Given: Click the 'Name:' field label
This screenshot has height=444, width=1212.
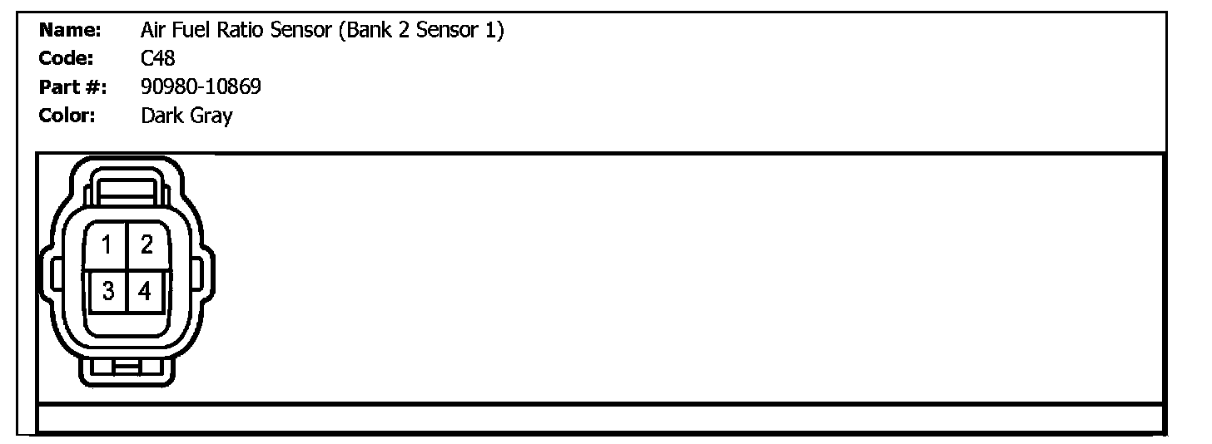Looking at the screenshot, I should [70, 32].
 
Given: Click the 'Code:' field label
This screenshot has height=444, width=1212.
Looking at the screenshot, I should [66, 59].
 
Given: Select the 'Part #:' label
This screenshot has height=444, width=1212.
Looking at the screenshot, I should [72, 87].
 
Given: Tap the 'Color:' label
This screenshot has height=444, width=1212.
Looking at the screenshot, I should [67, 116].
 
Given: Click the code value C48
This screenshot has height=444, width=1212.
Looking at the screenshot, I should [158, 59].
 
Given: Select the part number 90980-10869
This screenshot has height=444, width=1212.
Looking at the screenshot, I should [201, 87].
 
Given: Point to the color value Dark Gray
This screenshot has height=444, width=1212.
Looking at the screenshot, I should [186, 116].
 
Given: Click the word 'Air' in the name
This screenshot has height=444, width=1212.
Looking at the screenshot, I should [153, 32].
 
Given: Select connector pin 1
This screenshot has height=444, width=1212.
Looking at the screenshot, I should [107, 245].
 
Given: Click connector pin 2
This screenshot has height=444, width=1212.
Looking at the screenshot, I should [147, 245].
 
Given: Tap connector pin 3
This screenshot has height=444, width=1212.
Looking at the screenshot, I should [107, 291].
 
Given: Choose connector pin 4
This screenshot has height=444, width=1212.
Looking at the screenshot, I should [146, 291].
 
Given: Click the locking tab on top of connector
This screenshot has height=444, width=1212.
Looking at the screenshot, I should [127, 188].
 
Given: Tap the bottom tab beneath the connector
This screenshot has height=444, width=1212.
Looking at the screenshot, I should [127, 368].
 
